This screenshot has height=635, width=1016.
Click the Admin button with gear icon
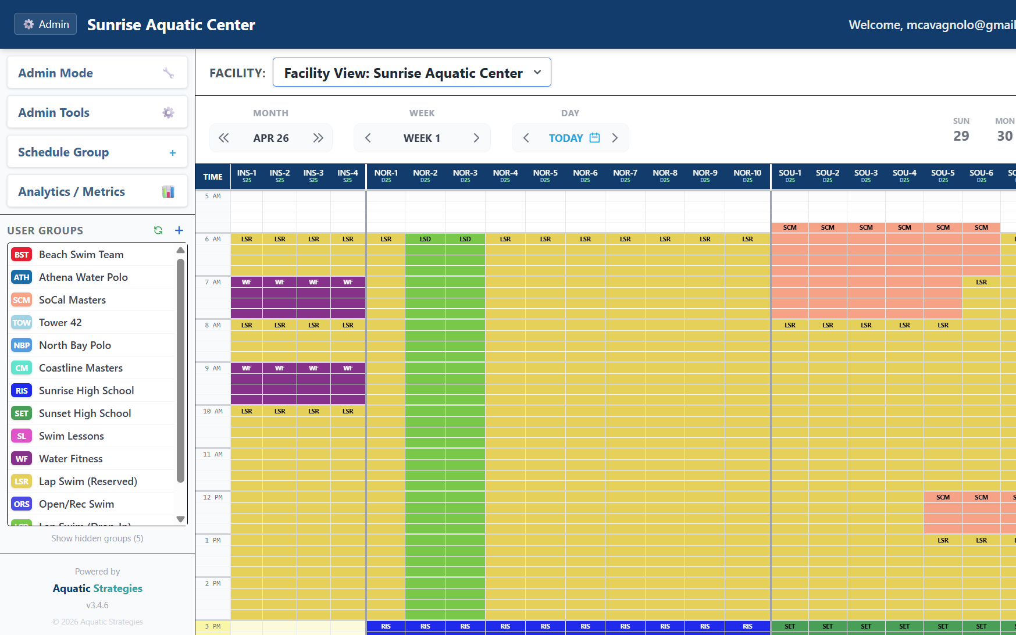pyautogui.click(x=45, y=24)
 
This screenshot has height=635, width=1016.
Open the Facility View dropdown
pyautogui.click(x=412, y=73)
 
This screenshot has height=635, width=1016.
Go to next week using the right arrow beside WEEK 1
pyautogui.click(x=476, y=138)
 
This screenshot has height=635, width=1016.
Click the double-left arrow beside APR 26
pyautogui.click(x=224, y=138)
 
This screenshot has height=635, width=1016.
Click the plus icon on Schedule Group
pyautogui.click(x=172, y=152)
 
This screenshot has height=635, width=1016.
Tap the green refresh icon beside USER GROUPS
pyautogui.click(x=158, y=230)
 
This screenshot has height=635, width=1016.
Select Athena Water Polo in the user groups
pyautogui.click(x=83, y=277)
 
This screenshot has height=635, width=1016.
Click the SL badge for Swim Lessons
pyautogui.click(x=22, y=436)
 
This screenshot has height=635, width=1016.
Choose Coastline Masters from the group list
pyautogui.click(x=81, y=368)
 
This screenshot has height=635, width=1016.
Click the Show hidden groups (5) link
pyautogui.click(x=97, y=538)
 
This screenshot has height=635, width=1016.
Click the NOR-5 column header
pyautogui.click(x=545, y=176)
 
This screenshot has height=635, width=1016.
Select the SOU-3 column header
pyautogui.click(x=865, y=176)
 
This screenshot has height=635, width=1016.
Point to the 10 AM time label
pyautogui.click(x=213, y=411)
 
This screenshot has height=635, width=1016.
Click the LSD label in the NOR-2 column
pyautogui.click(x=425, y=239)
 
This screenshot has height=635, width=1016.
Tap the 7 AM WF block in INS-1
pyautogui.click(x=247, y=297)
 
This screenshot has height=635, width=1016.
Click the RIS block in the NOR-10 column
pyautogui.click(x=747, y=627)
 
